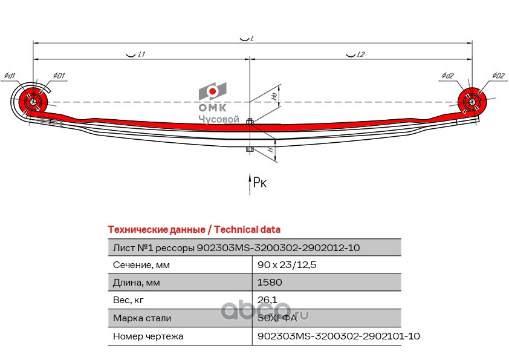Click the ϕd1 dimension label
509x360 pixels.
point(9,76)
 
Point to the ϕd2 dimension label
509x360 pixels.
point(447,76)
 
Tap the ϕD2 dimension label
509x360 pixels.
point(498,76)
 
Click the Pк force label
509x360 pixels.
point(260,183)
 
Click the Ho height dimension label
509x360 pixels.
point(274,96)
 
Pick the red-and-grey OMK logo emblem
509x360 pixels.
point(212,92)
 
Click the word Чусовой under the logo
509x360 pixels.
point(219,120)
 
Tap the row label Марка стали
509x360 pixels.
point(142,318)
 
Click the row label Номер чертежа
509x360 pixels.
point(148,336)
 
